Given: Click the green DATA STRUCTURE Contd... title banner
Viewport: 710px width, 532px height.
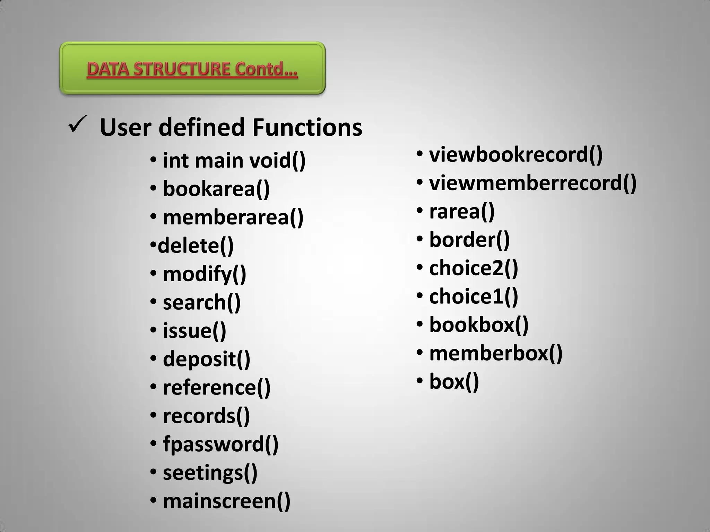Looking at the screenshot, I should [x=192, y=69].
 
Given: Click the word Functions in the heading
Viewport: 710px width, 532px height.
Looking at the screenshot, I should [x=307, y=127].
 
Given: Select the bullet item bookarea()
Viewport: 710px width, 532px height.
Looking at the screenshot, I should [x=216, y=189].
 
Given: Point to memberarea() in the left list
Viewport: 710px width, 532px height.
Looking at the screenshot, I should [x=233, y=218].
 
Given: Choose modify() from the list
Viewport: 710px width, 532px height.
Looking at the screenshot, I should [x=205, y=274].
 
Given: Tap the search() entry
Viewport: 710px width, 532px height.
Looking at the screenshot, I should [x=201, y=303].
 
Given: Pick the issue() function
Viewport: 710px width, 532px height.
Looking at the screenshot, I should [x=194, y=331].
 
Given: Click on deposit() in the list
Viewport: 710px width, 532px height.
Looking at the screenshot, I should [x=206, y=359].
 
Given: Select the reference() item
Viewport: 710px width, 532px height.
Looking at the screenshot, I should [x=217, y=388].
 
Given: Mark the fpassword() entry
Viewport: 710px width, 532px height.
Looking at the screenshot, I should [x=220, y=444].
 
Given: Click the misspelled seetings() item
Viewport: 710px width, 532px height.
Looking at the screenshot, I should [x=210, y=473].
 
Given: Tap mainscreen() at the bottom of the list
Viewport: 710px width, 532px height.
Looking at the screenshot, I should [x=227, y=501].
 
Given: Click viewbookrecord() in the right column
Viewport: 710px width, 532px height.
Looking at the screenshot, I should [x=516, y=154].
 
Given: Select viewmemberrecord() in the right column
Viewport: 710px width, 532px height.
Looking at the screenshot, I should [x=533, y=183].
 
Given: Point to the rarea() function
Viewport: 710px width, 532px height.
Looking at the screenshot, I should [x=462, y=211].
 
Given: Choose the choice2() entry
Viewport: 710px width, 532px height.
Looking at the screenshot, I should [x=474, y=268].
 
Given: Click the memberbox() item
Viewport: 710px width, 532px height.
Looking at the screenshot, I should [x=496, y=353].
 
